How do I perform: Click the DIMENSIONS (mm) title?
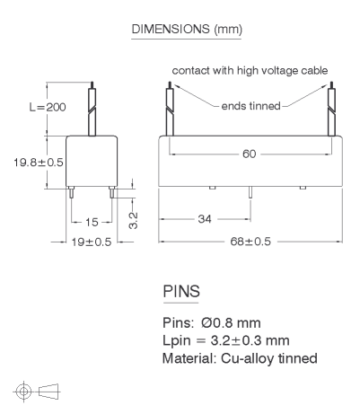coord(187,30)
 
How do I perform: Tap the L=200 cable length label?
coord(48,107)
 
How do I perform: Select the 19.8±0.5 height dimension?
coord(39,163)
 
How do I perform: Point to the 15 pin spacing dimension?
coord(92,222)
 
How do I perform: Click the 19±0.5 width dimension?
coord(92,242)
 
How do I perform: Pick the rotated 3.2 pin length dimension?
coord(133,221)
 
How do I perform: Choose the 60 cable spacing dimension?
coord(250,154)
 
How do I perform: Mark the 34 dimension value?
coord(205,219)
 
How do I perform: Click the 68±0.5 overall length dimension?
coord(250,242)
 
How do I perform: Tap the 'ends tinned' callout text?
coord(250,106)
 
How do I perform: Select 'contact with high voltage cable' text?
coord(250,71)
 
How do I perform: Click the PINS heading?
coord(181,291)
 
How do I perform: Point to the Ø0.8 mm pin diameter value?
coord(231,322)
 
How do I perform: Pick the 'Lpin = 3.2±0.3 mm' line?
coord(226,340)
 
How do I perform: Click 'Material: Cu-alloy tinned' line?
coord(240,358)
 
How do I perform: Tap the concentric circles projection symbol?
coord(23,392)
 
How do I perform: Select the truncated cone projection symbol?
coord(48,392)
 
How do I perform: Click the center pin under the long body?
coord(250,192)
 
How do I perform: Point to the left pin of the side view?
coord(71,192)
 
